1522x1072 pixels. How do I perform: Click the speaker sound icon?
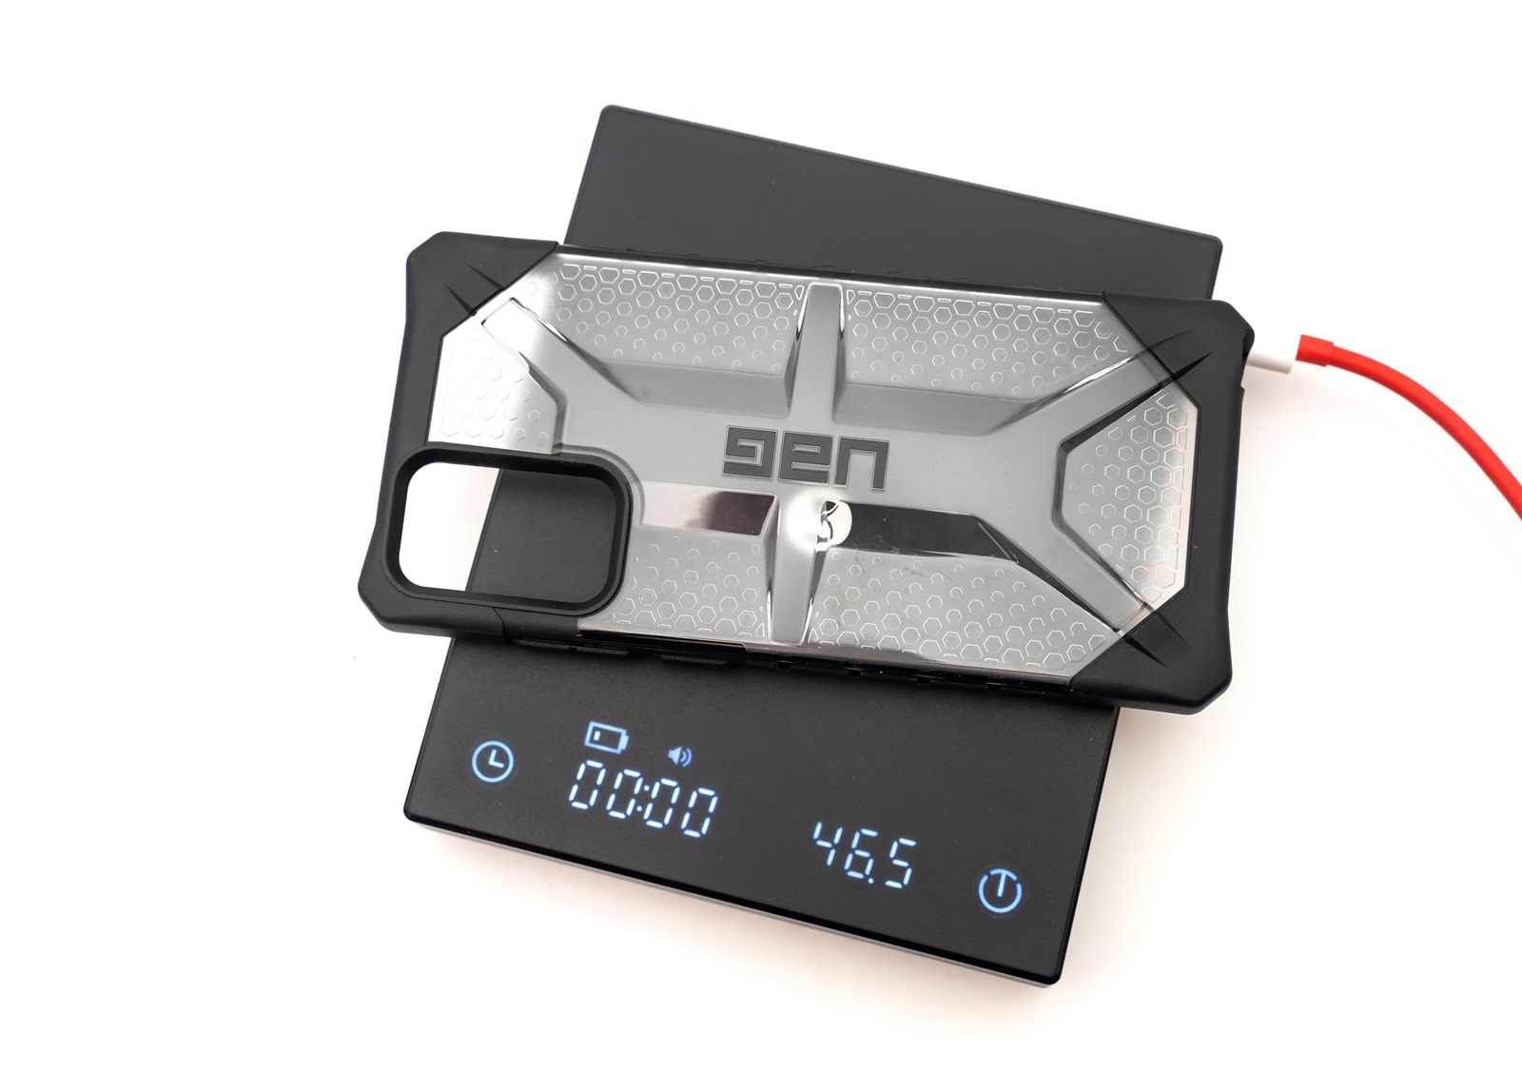(679, 755)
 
